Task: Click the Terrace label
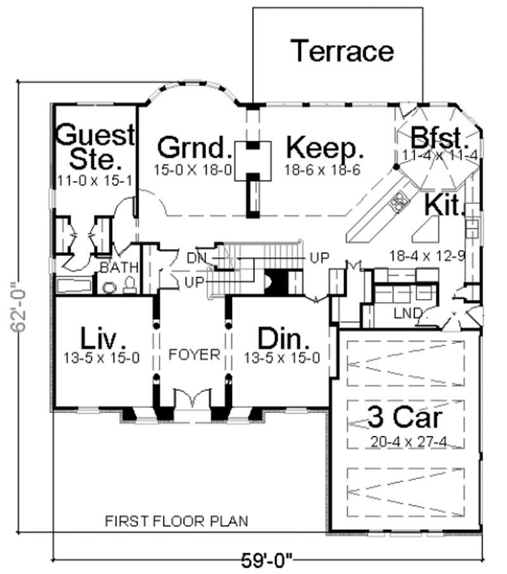[342, 51]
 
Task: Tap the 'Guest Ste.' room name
[95, 146]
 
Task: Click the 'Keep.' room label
[325, 149]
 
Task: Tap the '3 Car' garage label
[405, 419]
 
